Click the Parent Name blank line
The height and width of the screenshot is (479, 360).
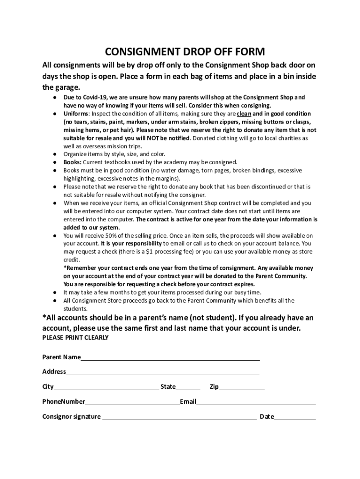pyautogui.click(x=170, y=359)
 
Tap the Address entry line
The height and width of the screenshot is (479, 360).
pyautogui.click(x=162, y=374)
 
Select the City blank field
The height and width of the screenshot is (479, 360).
pyautogui.click(x=106, y=388)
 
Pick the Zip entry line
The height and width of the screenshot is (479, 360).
pyautogui.click(x=241, y=388)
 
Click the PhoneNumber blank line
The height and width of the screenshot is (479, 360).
pyautogui.click(x=132, y=403)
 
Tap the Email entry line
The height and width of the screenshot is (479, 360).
pyautogui.click(x=256, y=403)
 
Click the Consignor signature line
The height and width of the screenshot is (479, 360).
pyautogui.click(x=179, y=418)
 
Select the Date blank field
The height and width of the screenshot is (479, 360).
pyautogui.click(x=295, y=418)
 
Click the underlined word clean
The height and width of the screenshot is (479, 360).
pyautogui.click(x=244, y=114)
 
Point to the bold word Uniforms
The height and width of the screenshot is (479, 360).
pyautogui.click(x=76, y=114)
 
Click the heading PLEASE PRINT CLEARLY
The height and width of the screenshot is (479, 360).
pyautogui.click(x=75, y=338)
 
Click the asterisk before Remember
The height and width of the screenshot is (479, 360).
pyautogui.click(x=65, y=268)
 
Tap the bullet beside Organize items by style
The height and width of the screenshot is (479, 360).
pyautogui.click(x=55, y=154)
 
